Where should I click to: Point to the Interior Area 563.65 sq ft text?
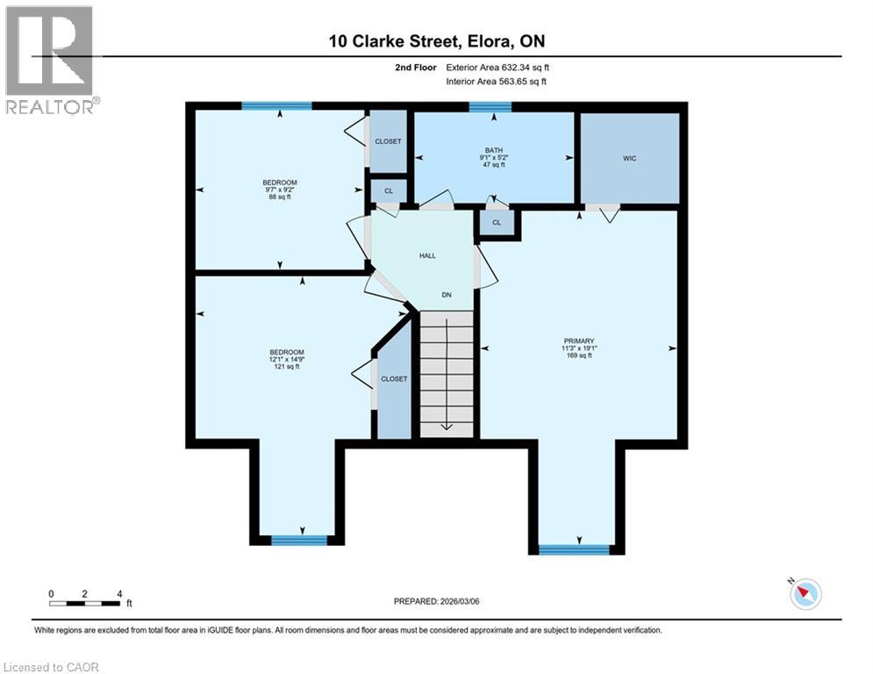pyautogui.click(x=497, y=82)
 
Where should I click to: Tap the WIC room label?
pyautogui.click(x=629, y=158)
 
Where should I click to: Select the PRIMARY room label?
pyautogui.click(x=579, y=341)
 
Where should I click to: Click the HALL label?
pyautogui.click(x=426, y=255)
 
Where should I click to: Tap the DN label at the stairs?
pyautogui.click(x=447, y=295)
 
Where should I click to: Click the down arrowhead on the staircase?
pyautogui.click(x=446, y=427)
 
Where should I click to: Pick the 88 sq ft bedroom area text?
pyautogui.click(x=279, y=197)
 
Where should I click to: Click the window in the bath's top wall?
pyautogui.click(x=490, y=107)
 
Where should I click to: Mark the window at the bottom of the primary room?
pyautogui.click(x=574, y=550)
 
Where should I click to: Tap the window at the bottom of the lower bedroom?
pyautogui.click(x=298, y=541)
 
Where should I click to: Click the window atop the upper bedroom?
pyautogui.click(x=277, y=106)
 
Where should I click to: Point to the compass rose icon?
pyautogui.click(x=805, y=594)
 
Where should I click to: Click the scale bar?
pyautogui.click(x=85, y=603)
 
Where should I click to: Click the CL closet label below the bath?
pyautogui.click(x=497, y=223)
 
